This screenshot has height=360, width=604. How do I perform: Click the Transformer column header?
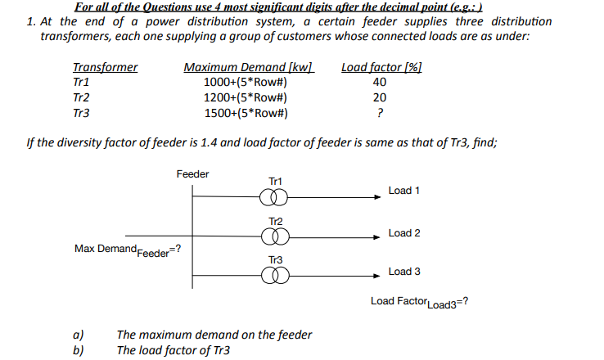pyautogui.click(x=105, y=68)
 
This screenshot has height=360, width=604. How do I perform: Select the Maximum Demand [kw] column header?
pyautogui.click(x=249, y=68)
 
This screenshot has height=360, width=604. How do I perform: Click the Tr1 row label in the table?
pyautogui.click(x=81, y=83)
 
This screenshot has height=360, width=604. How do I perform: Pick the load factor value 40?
pyautogui.click(x=379, y=83)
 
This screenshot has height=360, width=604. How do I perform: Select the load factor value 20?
pyautogui.click(x=379, y=98)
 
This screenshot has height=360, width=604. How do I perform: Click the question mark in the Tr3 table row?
pyautogui.click(x=379, y=114)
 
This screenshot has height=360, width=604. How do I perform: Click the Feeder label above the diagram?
pyautogui.click(x=192, y=174)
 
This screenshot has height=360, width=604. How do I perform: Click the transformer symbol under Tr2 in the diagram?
pyautogui.click(x=275, y=236)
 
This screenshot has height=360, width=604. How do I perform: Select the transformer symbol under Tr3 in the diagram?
pyautogui.click(x=275, y=275)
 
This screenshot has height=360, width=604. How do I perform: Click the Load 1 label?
pyautogui.click(x=404, y=191)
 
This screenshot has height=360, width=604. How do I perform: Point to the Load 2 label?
pyautogui.click(x=404, y=233)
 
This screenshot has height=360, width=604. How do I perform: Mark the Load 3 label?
pyautogui.click(x=404, y=272)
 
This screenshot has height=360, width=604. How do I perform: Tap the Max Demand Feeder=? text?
pyautogui.click(x=128, y=249)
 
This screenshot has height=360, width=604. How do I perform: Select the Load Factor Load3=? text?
pyautogui.click(x=419, y=302)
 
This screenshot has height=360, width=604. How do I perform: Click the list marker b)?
pyautogui.click(x=78, y=350)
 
